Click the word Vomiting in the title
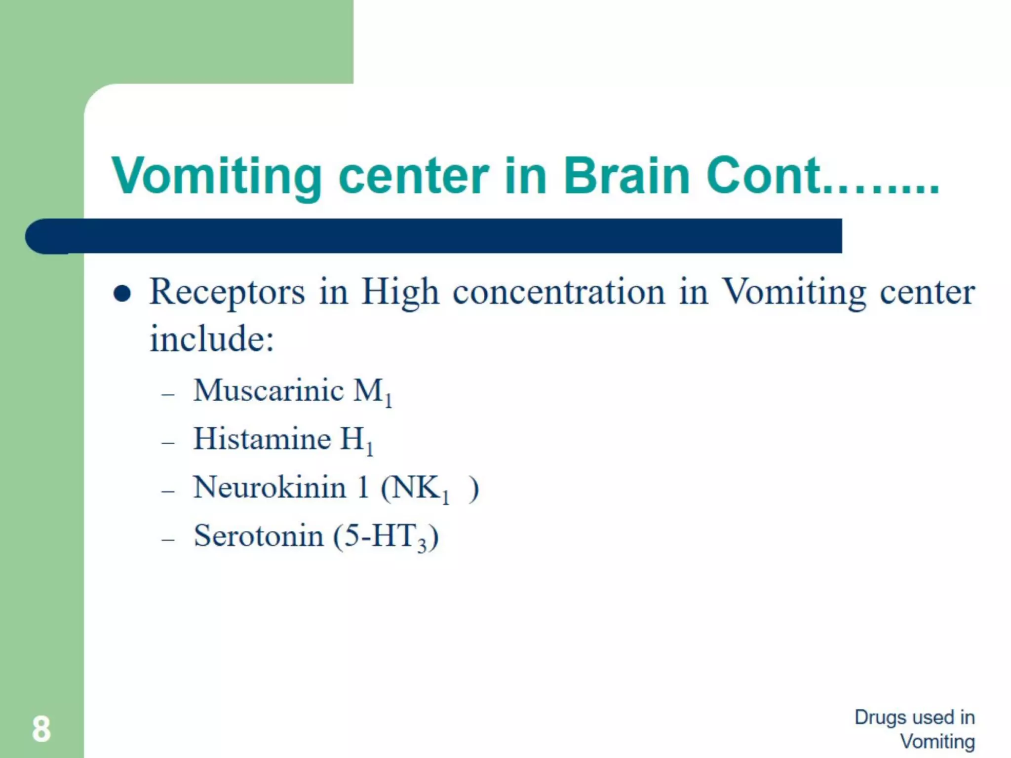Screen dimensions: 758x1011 pos(216,176)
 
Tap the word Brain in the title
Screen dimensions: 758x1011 pos(626,176)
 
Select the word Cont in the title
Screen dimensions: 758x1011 pos(763,176)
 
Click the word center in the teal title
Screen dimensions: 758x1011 pos(413,176)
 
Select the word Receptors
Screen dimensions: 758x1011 pos(227,292)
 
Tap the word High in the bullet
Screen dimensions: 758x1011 pos(400,292)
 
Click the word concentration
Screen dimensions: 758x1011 pos(559,292)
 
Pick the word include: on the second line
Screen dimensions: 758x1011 pos(212,339)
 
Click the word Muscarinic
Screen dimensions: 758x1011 pos(269,390)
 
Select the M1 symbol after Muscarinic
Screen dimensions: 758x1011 pos(373,392)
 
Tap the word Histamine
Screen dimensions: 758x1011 pos(262,439)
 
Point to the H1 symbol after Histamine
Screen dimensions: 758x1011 pos(356,441)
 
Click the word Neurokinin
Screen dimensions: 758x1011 pos(270,487)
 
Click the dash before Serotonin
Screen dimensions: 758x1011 pos(168,539)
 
